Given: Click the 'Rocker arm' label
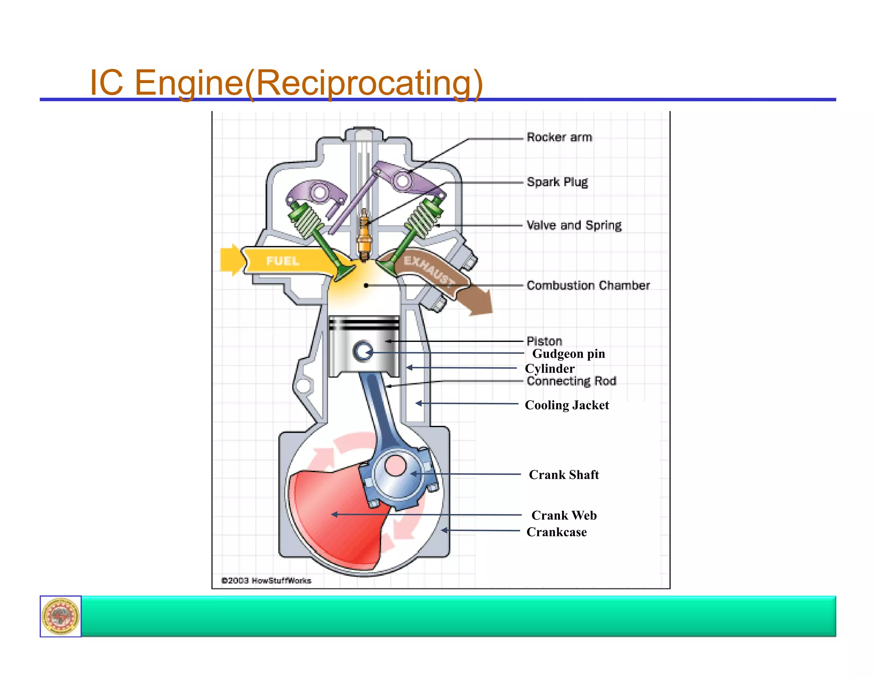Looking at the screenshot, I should coord(559,137).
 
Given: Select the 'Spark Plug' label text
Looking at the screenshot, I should coord(557,182).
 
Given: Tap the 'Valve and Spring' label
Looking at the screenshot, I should coord(574,226).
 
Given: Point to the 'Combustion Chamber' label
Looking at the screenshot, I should coord(588,285).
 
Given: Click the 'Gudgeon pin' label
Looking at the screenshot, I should coord(568,354).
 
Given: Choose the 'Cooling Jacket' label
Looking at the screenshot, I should coord(566,405).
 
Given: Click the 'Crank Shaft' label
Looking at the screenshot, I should coord(563,475).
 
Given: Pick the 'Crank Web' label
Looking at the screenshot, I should coord(563,516).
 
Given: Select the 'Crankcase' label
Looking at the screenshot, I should coord(556,532).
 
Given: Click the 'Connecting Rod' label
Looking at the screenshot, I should coord(571,381).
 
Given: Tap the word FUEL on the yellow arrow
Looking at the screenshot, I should coord(282,261).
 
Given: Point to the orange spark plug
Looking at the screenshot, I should coord(364,235).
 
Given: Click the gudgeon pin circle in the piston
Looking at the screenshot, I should coord(363,352).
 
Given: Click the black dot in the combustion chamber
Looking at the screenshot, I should coord(366,285).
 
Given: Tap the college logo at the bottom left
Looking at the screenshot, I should coord(61,616).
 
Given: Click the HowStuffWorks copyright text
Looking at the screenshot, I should coord(266,581).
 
